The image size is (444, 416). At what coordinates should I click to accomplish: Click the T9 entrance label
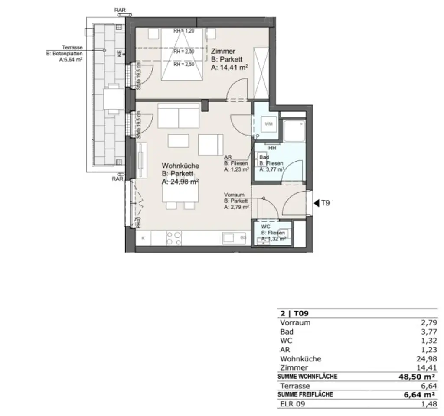click(326, 202)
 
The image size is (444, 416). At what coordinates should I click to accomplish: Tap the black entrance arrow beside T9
click(317, 202)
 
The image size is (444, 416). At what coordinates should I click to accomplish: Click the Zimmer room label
click(223, 51)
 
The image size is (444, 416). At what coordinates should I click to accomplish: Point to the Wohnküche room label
click(180, 166)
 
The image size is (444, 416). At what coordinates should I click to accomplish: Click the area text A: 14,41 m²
click(229, 68)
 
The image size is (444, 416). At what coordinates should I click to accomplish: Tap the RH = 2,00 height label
click(183, 51)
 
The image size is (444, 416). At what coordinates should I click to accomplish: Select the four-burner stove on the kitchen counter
click(174, 238)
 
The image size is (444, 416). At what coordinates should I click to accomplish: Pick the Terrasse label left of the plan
click(73, 48)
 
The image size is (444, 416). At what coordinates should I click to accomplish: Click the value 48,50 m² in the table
click(417, 377)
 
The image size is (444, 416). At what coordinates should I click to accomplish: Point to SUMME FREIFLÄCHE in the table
click(305, 394)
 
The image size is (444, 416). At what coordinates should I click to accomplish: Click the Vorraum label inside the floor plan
click(234, 195)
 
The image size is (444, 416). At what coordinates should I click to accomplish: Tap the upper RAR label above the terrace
click(120, 10)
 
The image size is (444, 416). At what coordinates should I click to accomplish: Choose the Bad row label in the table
click(287, 332)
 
